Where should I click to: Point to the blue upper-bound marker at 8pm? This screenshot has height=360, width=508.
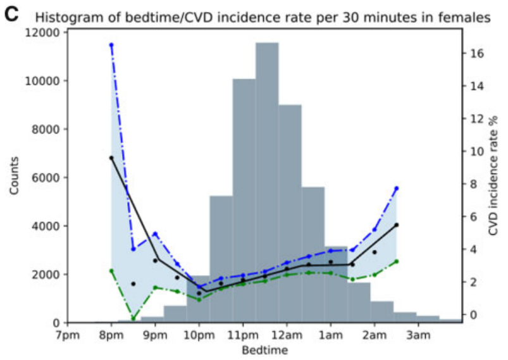[x=111, y=45]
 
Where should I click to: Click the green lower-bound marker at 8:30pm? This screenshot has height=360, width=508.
[x=133, y=318]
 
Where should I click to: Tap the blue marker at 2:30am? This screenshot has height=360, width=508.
[x=396, y=188]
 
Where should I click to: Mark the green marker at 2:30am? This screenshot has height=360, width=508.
[x=396, y=261]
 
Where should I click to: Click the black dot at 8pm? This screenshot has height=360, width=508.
[x=111, y=158]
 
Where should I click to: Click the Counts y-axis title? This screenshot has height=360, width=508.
[x=14, y=177]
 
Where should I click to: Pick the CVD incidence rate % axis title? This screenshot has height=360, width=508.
[x=494, y=177]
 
